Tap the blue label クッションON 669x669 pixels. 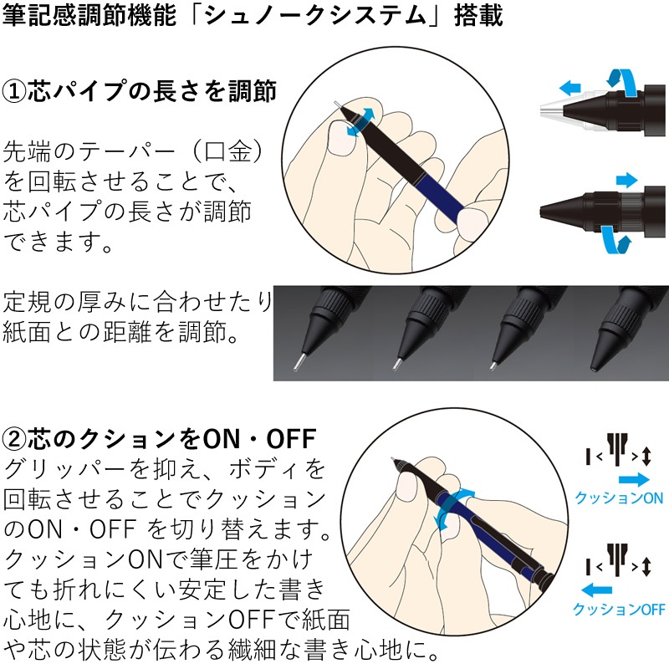pyautogui.click(x=619, y=498)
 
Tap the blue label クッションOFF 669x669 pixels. pyautogui.click(x=619, y=610)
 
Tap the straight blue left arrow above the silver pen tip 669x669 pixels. pyautogui.click(x=570, y=87)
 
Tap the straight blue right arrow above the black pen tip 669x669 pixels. pyautogui.click(x=626, y=179)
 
